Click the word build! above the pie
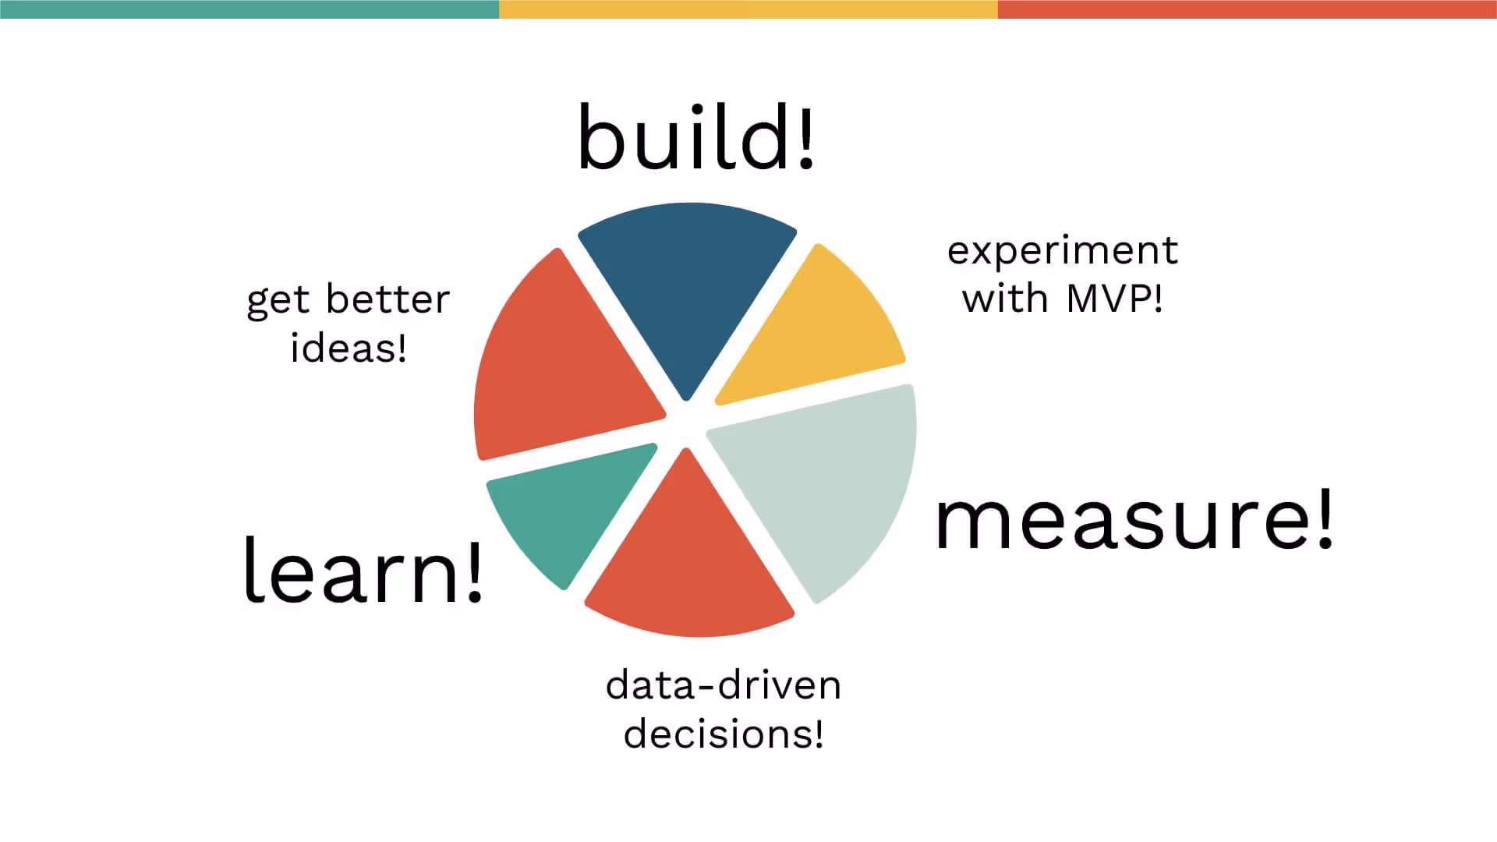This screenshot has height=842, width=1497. (x=695, y=138)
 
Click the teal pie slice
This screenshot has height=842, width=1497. (x=565, y=511)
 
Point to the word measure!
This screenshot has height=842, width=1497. (x=1134, y=520)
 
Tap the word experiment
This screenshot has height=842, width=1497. (x=1062, y=251)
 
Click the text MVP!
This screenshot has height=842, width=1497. (x=1115, y=299)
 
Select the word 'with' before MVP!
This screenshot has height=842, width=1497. (x=1005, y=299)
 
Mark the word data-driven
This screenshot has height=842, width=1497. (x=724, y=685)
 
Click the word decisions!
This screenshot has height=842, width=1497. (x=724, y=734)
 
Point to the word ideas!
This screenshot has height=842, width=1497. (x=349, y=347)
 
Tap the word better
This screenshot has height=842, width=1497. (x=388, y=299)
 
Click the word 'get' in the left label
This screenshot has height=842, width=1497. (x=278, y=301)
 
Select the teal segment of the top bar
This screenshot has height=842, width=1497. (x=249, y=9)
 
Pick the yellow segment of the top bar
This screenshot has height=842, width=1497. (x=748, y=9)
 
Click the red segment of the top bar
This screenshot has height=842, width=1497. (x=1247, y=9)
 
